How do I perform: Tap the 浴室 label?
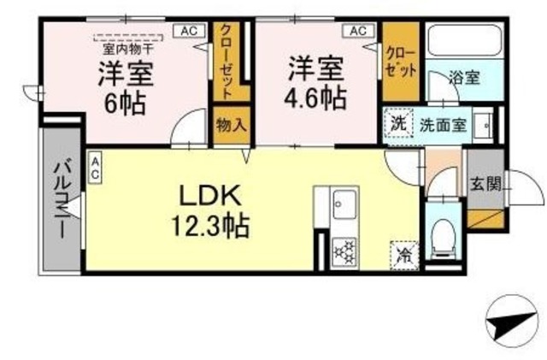(x=466, y=77)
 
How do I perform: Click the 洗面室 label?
(x=442, y=125)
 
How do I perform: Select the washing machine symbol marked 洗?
(x=398, y=123)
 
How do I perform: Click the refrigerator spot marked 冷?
(x=403, y=254)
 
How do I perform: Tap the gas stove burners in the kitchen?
(x=345, y=250)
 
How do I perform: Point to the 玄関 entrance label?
(x=483, y=183)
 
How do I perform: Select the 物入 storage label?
(x=231, y=125)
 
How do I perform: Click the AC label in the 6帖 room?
(x=189, y=32)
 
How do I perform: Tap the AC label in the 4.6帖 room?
(x=356, y=32)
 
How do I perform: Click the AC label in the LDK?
(x=94, y=167)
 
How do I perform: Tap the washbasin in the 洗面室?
(x=484, y=126)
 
